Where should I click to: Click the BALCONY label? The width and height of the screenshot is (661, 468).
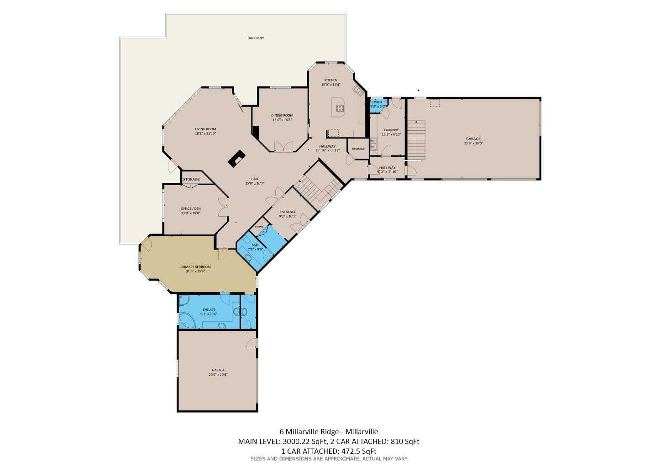click(x=256, y=38)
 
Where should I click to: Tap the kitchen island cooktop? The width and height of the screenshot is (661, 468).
click(x=340, y=108)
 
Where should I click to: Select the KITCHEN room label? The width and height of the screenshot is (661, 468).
click(x=331, y=80)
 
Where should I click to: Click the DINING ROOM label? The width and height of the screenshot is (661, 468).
click(x=282, y=115)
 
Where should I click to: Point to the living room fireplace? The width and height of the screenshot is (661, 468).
click(x=236, y=159)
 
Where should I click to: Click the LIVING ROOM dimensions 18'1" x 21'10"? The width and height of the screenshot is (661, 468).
click(x=205, y=133)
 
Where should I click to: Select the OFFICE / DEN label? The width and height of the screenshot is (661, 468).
click(x=190, y=208)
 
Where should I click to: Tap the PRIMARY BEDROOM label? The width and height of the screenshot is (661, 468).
click(x=195, y=266)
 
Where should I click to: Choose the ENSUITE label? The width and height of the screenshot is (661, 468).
click(x=209, y=309)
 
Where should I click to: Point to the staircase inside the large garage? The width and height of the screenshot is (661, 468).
click(x=416, y=140)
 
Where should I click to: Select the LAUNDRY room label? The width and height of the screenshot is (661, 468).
click(x=391, y=130)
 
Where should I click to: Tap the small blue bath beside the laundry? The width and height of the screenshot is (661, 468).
click(x=378, y=104)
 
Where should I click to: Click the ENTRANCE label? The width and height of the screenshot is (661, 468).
click(x=288, y=212)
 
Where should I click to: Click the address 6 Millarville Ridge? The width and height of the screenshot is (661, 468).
click(x=309, y=431)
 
